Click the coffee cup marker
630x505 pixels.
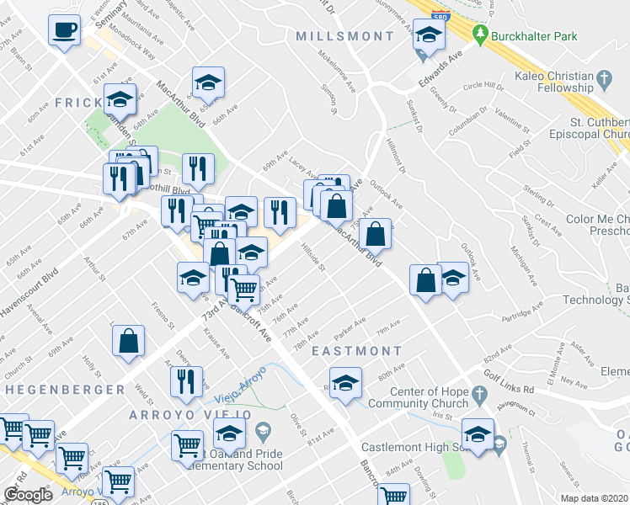pos(64,31)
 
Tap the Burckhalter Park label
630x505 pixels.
pos(527,36)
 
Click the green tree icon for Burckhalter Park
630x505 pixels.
pos(481,35)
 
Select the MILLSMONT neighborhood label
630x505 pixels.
pos(344,36)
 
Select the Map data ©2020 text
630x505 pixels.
pos(593,498)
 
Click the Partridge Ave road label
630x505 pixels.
pos(522,316)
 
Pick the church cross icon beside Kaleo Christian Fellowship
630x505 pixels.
pos(605,81)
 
